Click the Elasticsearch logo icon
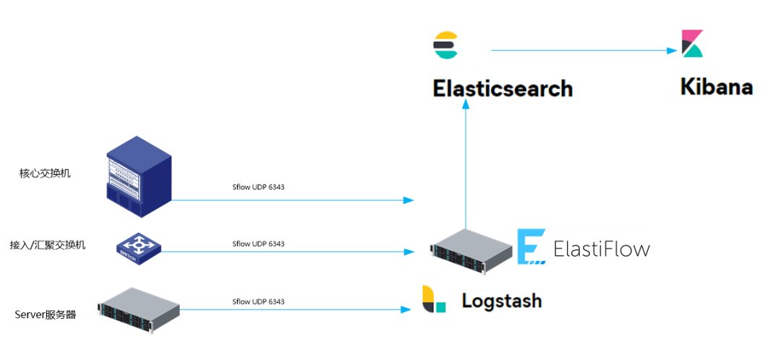(x=445, y=45)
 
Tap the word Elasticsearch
(x=503, y=89)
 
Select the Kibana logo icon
(x=692, y=43)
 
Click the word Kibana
(x=716, y=87)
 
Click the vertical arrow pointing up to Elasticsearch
(x=466, y=166)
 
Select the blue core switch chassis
(x=138, y=176)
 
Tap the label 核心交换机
(x=45, y=173)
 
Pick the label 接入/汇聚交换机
(x=48, y=245)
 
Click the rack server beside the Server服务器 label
(x=138, y=307)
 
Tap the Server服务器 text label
(x=46, y=314)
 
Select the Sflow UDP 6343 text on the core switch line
(x=258, y=188)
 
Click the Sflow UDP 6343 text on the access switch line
(x=258, y=244)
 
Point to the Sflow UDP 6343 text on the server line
(x=258, y=301)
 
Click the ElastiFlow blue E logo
(x=531, y=247)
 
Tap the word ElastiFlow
(x=601, y=249)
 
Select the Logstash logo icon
(x=434, y=299)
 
